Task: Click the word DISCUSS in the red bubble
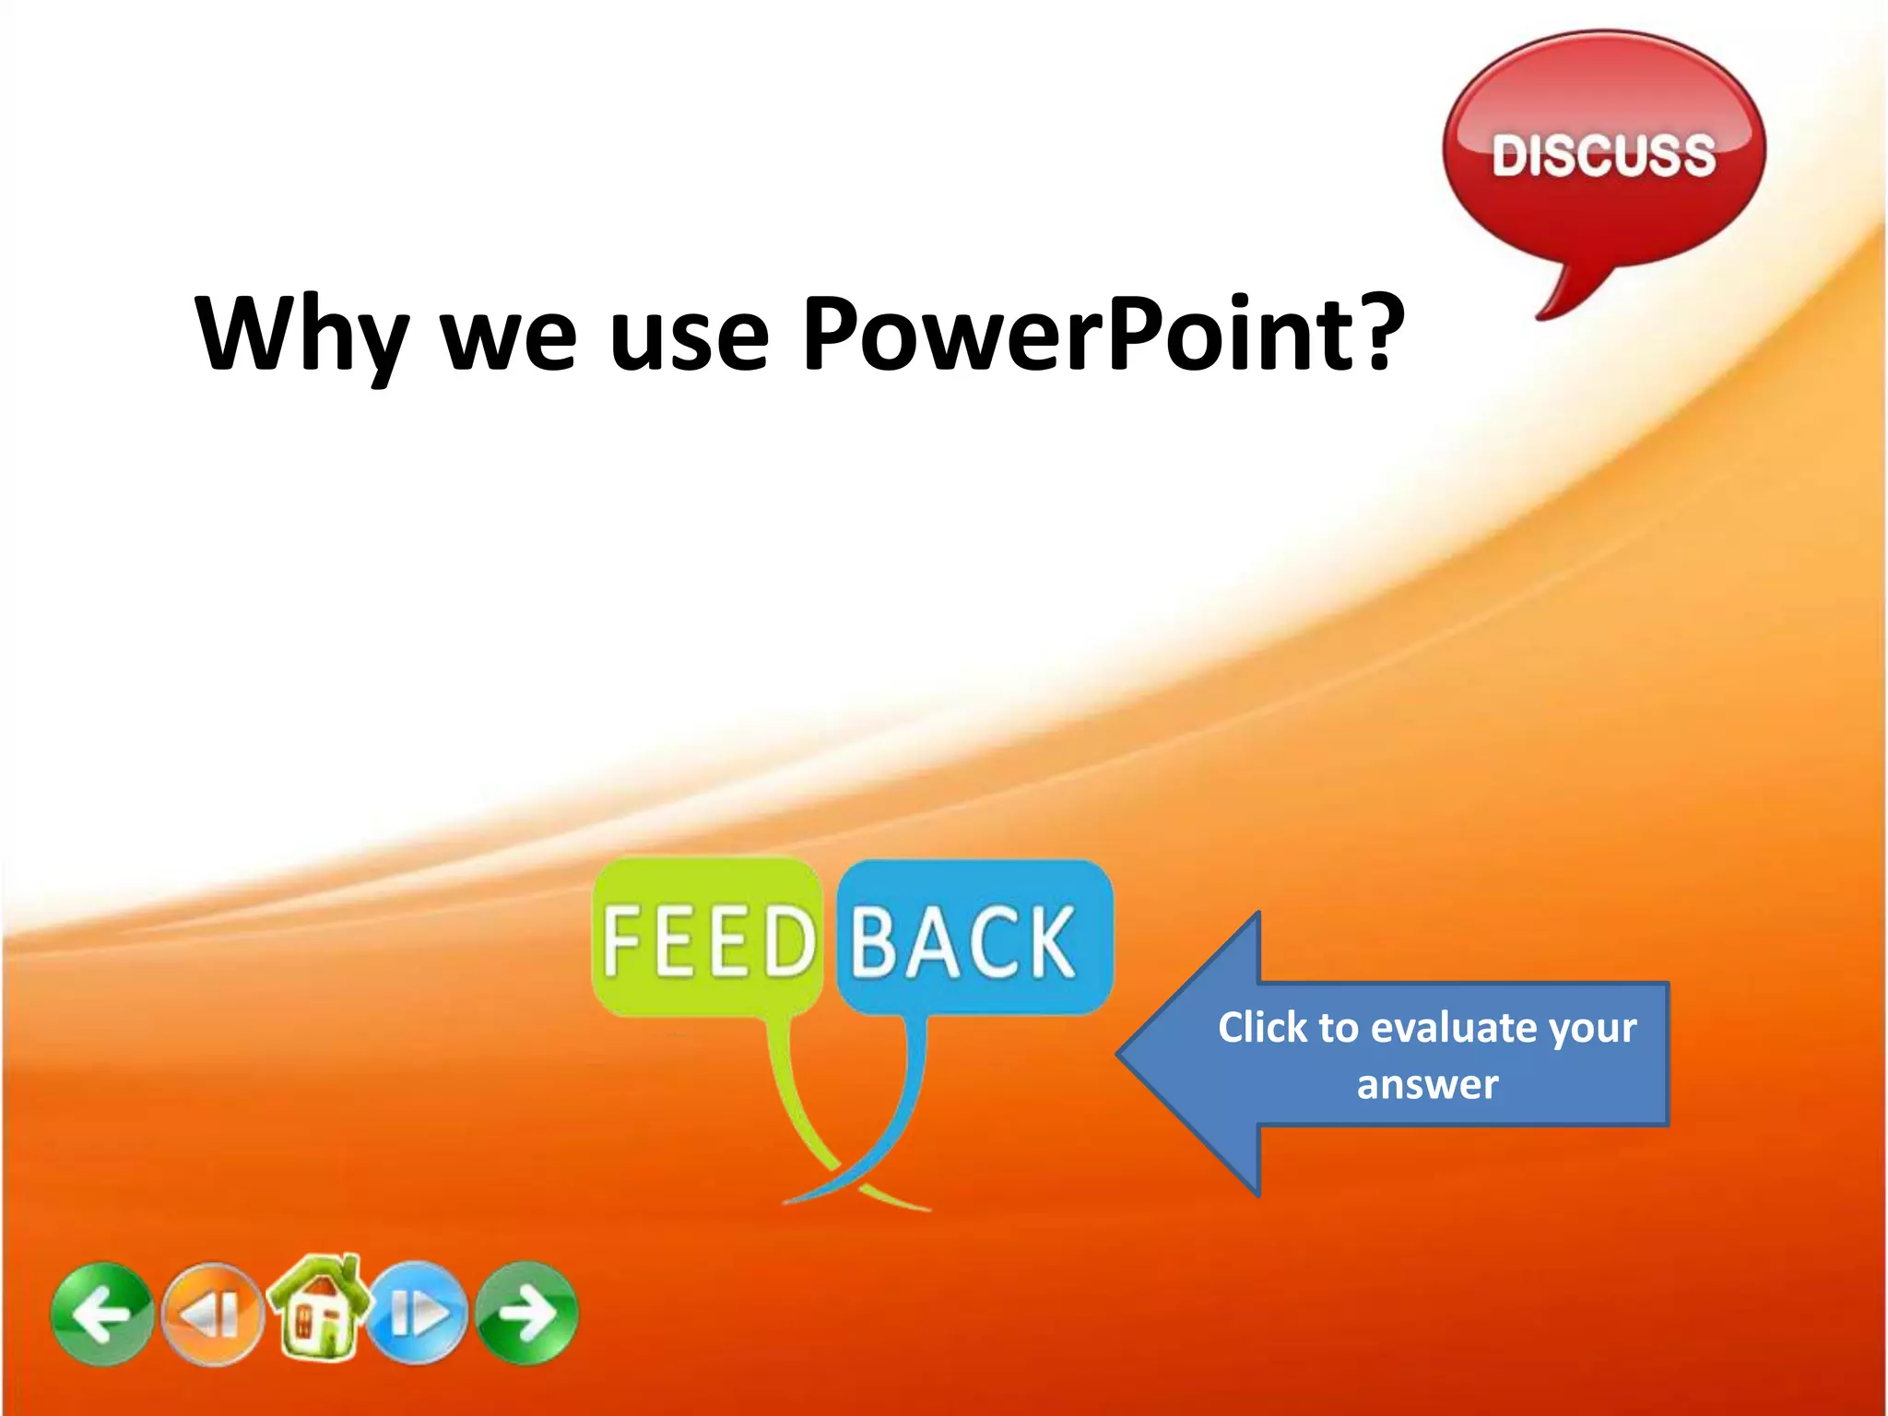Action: (1603, 155)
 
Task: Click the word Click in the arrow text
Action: (1262, 1027)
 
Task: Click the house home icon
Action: (318, 1309)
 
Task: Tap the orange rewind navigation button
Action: (212, 1314)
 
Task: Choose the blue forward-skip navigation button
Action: (419, 1314)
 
